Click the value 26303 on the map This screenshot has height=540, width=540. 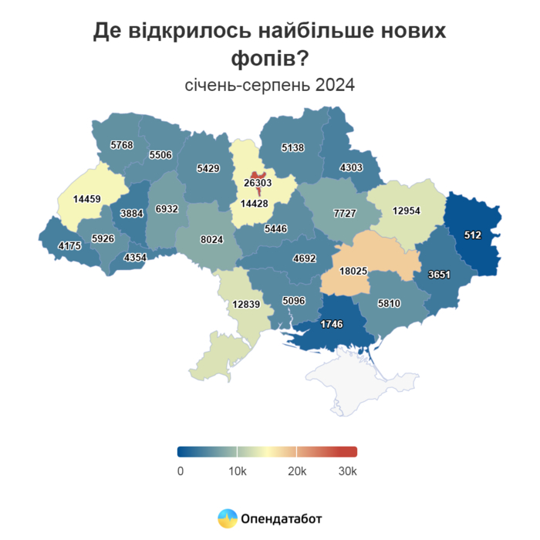[x=258, y=183]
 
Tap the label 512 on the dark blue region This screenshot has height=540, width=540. [x=473, y=235]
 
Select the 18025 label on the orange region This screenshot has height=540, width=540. [x=358, y=271]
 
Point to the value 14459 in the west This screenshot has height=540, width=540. [x=87, y=199]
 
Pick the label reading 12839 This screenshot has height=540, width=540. [x=247, y=304]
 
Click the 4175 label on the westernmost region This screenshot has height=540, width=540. [x=62, y=247]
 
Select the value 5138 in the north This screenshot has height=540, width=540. [x=294, y=147]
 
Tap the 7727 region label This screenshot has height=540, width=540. [x=344, y=213]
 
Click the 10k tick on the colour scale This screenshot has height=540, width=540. [x=237, y=471]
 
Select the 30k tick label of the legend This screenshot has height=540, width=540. [x=347, y=471]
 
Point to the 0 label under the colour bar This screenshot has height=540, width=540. [x=180, y=471]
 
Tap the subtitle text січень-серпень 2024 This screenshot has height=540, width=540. [x=270, y=84]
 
